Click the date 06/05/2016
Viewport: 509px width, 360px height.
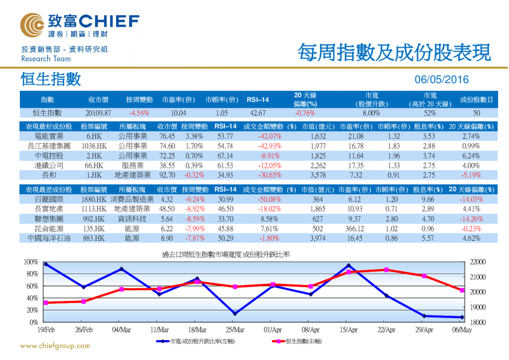pos(442,80)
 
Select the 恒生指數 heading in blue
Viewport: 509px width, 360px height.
pos(50,79)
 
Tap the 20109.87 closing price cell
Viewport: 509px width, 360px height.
pos(99,113)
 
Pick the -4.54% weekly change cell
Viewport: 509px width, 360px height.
pos(139,113)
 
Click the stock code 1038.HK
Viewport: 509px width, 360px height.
pos(94,146)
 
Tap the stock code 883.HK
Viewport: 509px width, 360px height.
pos(94,238)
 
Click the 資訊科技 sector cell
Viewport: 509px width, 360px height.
pos(131,219)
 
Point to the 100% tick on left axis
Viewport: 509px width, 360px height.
pos(30,262)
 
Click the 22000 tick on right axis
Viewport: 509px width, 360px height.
pos(477,262)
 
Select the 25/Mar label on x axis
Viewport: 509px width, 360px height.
pos(235,330)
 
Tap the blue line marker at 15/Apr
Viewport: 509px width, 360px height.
pos(349,266)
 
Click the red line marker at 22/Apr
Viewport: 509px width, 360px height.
pos(386,270)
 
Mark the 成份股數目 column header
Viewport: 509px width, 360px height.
pos(476,99)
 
